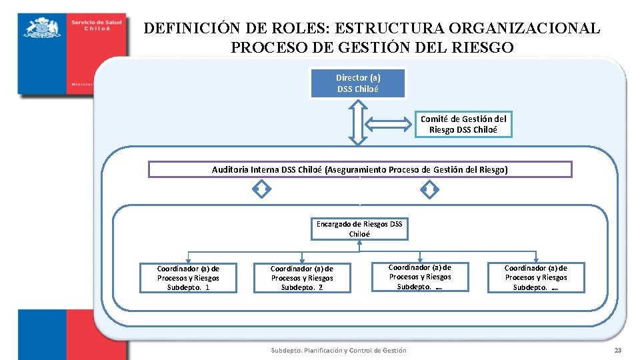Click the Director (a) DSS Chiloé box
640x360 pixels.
[x=358, y=83]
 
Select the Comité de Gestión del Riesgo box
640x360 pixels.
[x=463, y=124]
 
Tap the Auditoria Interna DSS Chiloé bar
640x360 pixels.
[x=360, y=169]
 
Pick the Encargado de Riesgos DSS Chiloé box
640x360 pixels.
[x=359, y=229]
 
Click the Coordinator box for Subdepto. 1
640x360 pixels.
[x=188, y=278]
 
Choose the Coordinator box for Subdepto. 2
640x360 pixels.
[x=302, y=278]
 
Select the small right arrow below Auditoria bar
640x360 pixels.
[x=430, y=191]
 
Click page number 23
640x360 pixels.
[x=617, y=351]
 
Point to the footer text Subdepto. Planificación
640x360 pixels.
[x=338, y=351]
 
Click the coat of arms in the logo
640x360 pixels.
[x=42, y=29]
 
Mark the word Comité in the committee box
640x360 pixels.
[x=435, y=119]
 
